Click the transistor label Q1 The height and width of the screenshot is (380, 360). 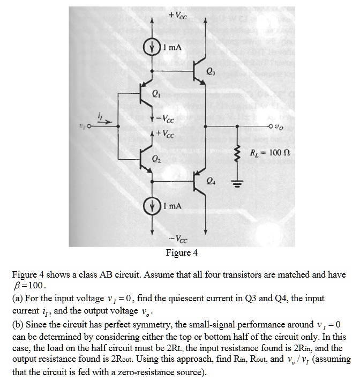156,97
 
